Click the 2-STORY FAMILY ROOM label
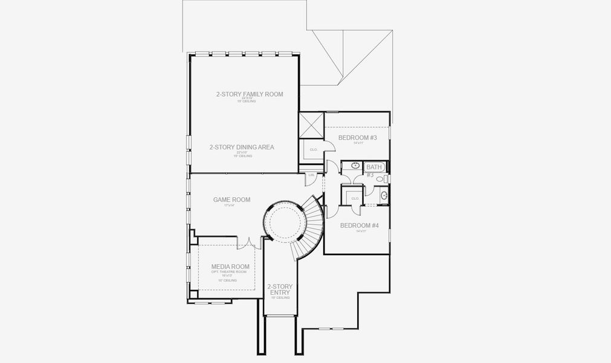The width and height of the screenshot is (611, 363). pos(250,94)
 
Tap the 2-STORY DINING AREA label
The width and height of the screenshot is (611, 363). pos(242,147)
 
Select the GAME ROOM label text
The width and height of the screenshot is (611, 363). pos(231,200)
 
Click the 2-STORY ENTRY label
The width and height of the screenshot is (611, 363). pos(280,289)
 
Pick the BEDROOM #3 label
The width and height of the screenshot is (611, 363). pos(357,138)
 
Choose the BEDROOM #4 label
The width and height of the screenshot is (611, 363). pos(359,226)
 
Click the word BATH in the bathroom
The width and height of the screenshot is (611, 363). pos(374,167)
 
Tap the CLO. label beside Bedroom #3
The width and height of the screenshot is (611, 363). pos(314,149)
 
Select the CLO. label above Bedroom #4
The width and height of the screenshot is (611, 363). pos(355,198)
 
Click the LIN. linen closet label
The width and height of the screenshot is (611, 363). pos(311,175)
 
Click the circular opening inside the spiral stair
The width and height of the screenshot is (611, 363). pos(281,223)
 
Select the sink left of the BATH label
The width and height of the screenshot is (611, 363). pos(355,165)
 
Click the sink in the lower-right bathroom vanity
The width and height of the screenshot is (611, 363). pos(384,196)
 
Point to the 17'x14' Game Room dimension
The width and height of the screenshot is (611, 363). pos(229,206)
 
